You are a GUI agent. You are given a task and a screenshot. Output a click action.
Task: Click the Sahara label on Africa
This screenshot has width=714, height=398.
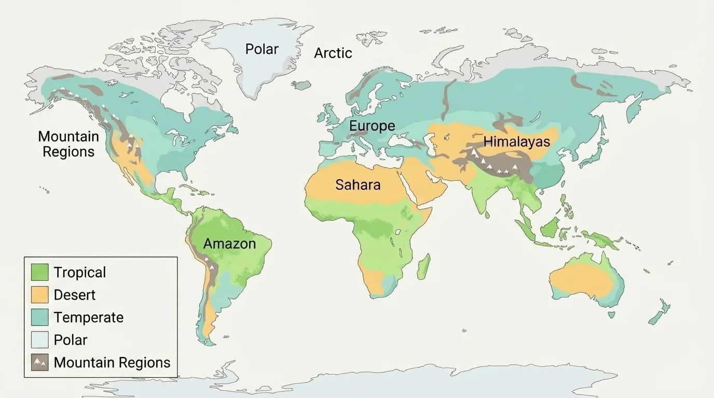click(358, 184)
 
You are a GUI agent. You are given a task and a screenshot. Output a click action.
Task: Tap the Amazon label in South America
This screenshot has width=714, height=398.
click(229, 244)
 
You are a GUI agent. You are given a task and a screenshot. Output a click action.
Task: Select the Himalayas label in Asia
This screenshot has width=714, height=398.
click(516, 141)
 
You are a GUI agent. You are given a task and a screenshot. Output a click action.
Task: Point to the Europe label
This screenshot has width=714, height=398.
click(372, 126)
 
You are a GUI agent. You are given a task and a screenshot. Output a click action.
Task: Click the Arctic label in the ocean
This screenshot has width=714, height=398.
click(333, 53)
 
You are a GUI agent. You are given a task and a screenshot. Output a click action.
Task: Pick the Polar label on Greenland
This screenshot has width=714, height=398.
click(262, 49)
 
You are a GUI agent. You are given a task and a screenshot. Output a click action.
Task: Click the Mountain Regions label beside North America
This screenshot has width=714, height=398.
click(68, 144)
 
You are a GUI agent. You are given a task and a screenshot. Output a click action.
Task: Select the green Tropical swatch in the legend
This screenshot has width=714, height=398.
click(39, 272)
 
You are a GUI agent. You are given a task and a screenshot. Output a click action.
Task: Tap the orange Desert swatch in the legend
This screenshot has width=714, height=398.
click(39, 295)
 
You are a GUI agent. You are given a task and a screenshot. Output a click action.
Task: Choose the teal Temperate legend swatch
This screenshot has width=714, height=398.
click(39, 317)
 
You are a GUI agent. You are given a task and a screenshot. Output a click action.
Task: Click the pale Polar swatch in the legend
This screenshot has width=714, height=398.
click(39, 340)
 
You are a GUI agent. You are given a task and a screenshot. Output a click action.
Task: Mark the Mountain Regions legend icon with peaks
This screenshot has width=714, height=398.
click(39, 362)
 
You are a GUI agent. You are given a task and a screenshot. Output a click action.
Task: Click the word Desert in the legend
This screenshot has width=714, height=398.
click(75, 295)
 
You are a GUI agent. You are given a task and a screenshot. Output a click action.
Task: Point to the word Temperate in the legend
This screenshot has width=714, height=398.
click(89, 317)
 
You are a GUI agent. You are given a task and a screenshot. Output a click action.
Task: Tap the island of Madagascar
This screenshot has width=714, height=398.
click(424, 266)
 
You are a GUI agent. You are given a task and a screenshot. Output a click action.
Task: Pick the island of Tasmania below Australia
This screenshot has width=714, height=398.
click(612, 315)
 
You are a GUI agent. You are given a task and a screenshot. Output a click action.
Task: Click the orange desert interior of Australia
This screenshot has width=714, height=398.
click(581, 280)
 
